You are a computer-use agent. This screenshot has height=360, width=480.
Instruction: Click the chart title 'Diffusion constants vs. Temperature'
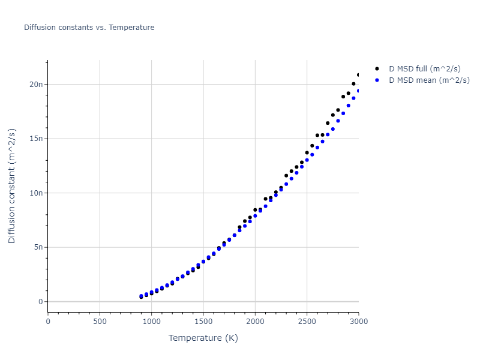point(89,28)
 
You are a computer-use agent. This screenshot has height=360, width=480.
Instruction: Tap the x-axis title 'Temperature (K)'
point(203,338)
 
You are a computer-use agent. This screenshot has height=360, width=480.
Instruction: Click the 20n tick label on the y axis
point(35,84)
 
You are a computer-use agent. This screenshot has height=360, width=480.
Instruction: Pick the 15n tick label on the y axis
point(35,139)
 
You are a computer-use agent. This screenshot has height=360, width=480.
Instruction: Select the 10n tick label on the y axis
point(35,193)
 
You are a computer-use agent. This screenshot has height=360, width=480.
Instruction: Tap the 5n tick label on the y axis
point(37,247)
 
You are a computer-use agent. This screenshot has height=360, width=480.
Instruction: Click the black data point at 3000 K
point(359,75)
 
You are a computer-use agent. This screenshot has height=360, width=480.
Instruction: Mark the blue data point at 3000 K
point(359,91)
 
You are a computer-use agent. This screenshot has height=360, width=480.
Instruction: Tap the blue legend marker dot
point(377,80)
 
